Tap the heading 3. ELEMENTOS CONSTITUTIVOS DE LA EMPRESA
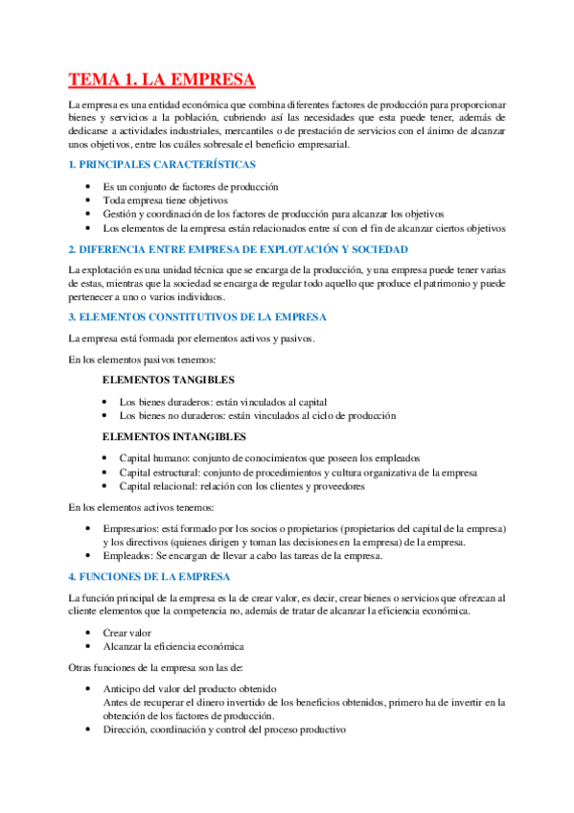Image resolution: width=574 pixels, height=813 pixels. point(197,316)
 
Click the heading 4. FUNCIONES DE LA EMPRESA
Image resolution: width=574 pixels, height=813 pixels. point(149,576)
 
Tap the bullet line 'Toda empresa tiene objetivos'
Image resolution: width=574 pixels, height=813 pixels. point(166,200)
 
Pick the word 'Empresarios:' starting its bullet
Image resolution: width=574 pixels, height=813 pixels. point(131,529)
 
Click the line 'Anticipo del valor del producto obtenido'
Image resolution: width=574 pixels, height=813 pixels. point(190,688)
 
